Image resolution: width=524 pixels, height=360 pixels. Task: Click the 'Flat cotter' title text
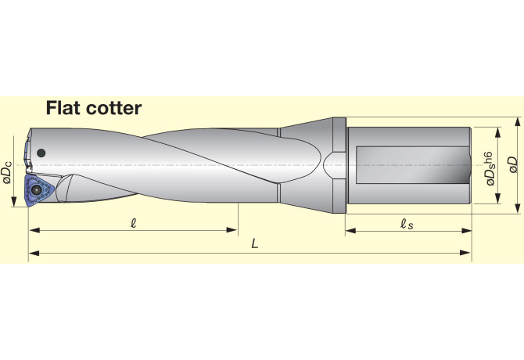[x=93, y=108]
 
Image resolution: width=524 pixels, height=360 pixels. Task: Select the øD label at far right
[x=512, y=164]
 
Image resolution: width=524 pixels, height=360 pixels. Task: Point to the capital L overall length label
[x=255, y=243]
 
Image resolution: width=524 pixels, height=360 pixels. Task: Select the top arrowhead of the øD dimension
[x=518, y=121]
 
